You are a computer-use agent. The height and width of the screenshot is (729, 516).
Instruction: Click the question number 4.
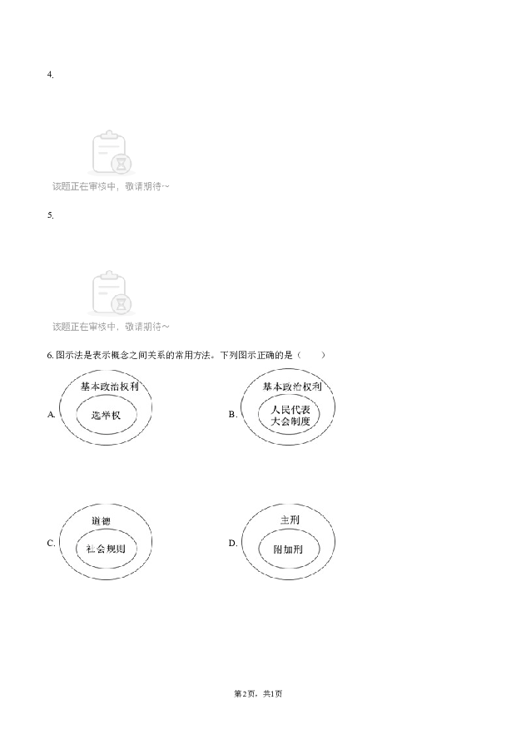pyautogui.click(x=50, y=75)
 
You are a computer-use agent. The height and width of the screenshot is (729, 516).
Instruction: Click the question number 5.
pyautogui.click(x=50, y=215)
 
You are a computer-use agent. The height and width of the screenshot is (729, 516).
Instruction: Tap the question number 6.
pyautogui.click(x=50, y=356)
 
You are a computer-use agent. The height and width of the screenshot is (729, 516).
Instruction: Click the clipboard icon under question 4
pyautogui.click(x=112, y=152)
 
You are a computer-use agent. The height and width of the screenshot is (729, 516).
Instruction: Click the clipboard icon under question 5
pyautogui.click(x=112, y=293)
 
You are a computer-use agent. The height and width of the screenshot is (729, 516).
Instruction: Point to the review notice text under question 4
pyautogui.click(x=111, y=186)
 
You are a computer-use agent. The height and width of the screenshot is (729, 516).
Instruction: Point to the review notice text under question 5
pyautogui.click(x=111, y=327)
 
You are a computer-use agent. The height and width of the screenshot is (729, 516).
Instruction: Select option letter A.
pyautogui.click(x=51, y=414)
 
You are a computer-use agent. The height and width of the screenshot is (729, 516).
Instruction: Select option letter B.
pyautogui.click(x=233, y=414)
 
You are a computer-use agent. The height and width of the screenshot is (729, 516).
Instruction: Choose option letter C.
pyautogui.click(x=51, y=543)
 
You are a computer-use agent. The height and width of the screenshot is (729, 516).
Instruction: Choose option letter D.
pyautogui.click(x=233, y=543)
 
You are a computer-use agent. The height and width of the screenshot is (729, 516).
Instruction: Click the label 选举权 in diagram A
pyautogui.click(x=106, y=415)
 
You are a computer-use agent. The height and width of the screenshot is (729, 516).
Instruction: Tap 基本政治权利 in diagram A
pyautogui.click(x=110, y=387)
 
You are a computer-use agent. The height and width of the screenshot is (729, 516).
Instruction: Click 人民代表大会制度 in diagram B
pyautogui.click(x=290, y=416)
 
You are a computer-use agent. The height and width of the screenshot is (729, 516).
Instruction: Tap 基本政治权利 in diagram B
pyautogui.click(x=292, y=387)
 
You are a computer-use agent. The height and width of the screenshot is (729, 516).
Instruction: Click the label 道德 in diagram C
pyautogui.click(x=101, y=521)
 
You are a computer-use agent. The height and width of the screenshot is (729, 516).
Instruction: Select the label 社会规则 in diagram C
pyautogui.click(x=106, y=549)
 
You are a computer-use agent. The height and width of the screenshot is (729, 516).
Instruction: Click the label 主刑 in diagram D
pyautogui.click(x=290, y=520)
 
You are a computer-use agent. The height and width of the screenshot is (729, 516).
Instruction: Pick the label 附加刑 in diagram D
pyautogui.click(x=288, y=549)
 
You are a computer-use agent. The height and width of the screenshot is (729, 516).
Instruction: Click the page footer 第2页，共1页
pyautogui.click(x=258, y=694)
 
